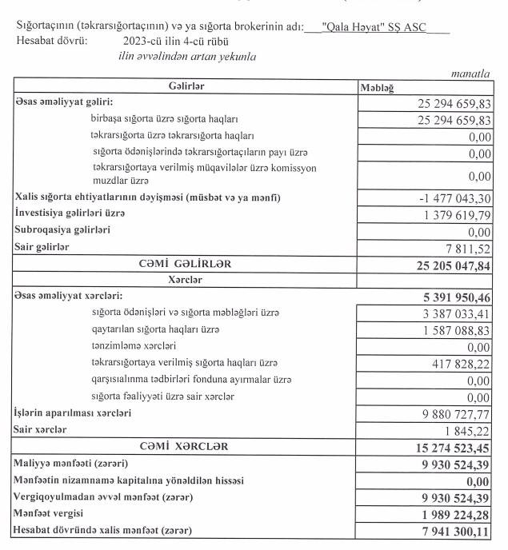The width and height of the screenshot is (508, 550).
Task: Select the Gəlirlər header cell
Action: (186, 86)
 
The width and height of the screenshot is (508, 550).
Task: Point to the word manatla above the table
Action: (470, 74)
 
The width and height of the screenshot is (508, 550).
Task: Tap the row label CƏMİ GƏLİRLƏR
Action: (186, 263)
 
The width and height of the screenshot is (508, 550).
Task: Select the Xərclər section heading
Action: (186, 280)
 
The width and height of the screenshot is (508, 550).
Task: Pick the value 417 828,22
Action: (459, 364)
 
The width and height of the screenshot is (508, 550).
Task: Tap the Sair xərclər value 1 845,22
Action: (468, 431)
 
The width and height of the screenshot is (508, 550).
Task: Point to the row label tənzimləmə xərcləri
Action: (134, 346)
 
